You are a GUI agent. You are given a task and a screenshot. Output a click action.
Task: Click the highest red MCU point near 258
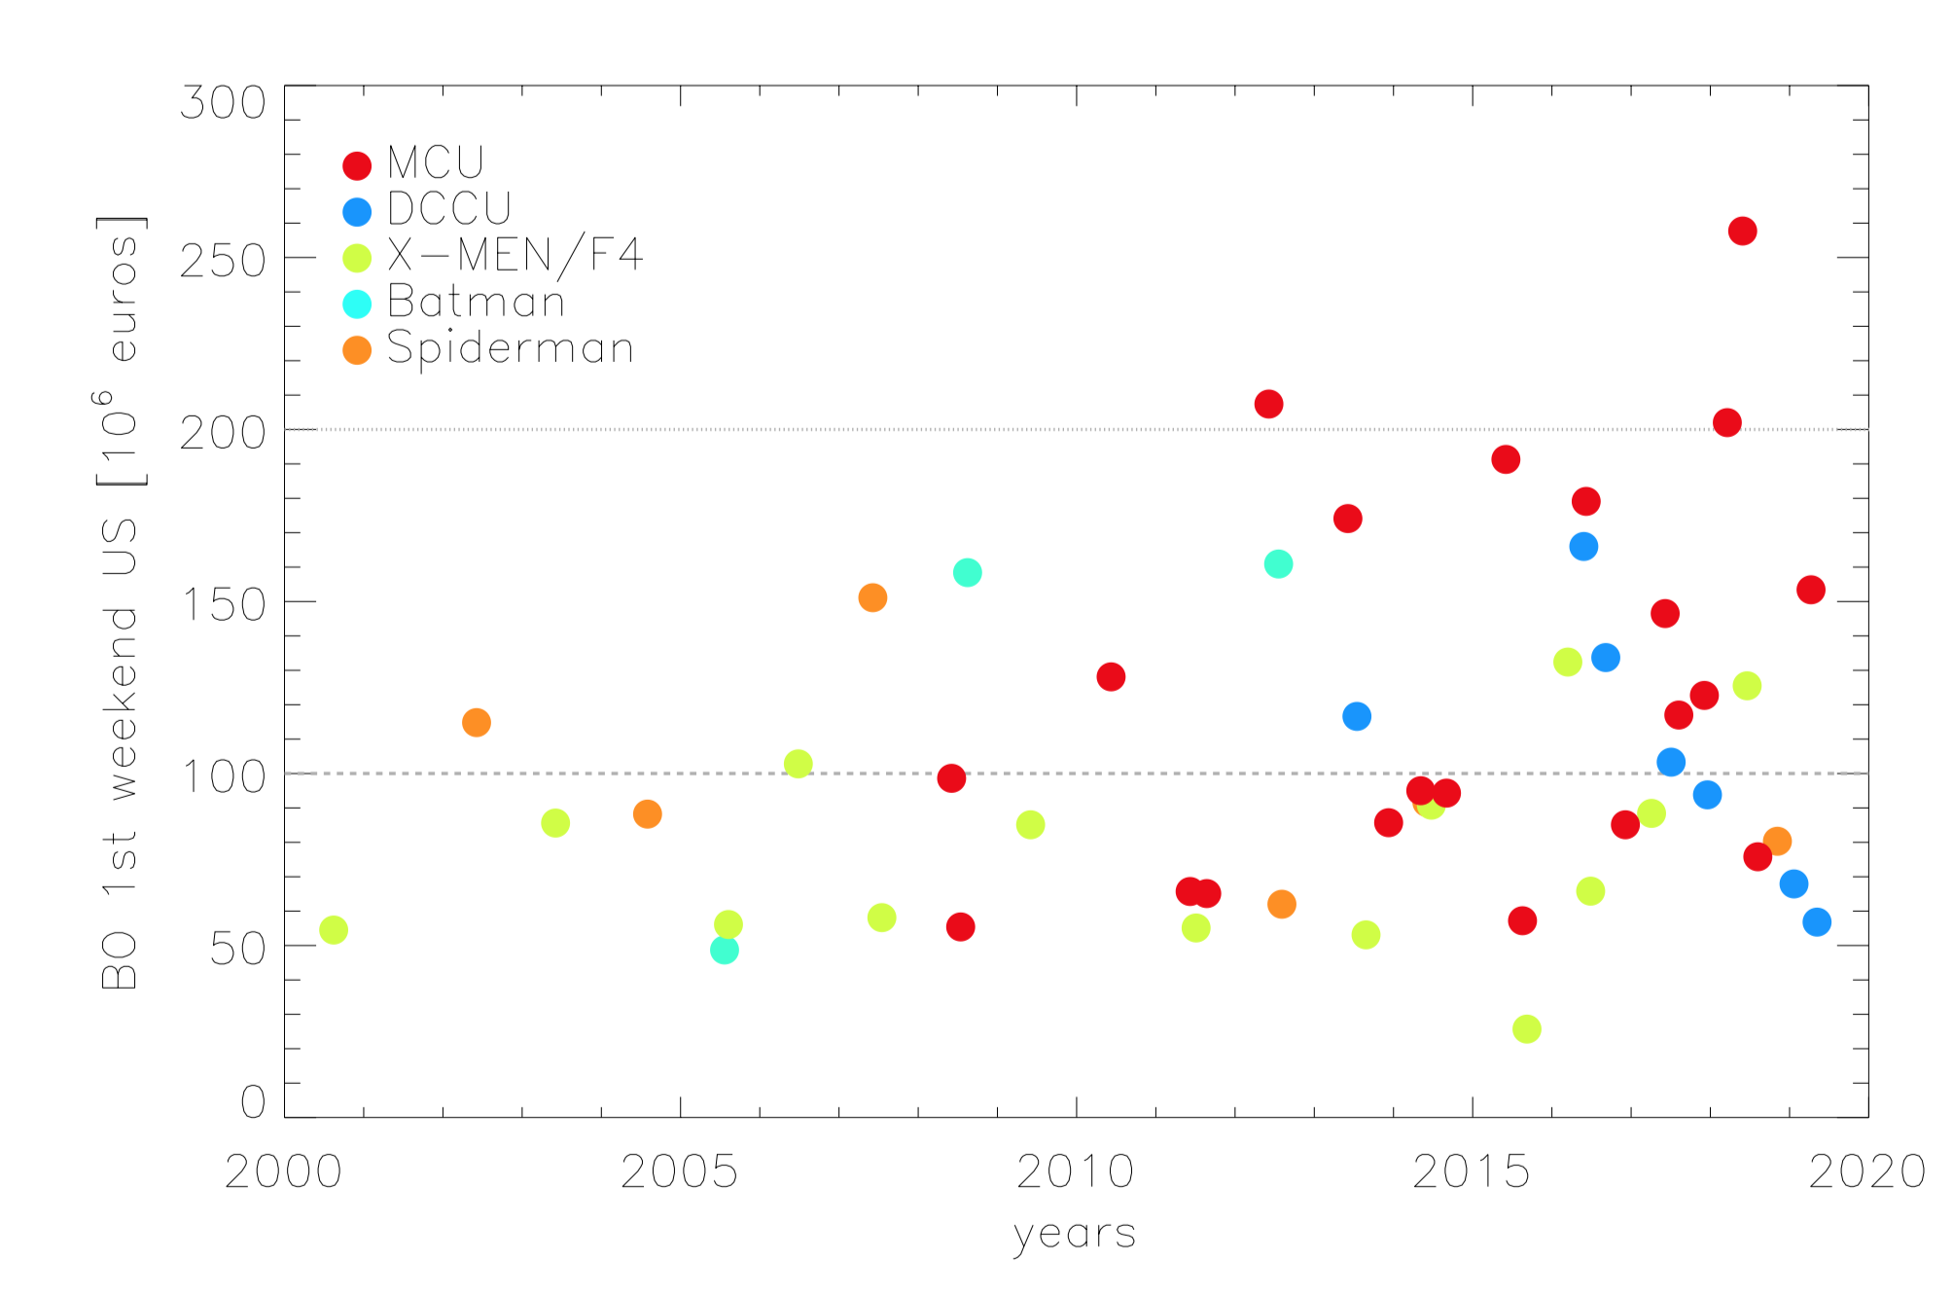coord(1742,232)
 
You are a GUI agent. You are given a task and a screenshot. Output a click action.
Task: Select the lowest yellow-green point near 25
coord(1527,1028)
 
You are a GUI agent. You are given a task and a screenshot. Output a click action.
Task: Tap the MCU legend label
coord(435,162)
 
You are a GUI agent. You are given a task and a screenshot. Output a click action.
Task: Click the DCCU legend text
coord(448,208)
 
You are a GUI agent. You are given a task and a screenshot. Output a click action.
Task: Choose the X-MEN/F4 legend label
coord(515,255)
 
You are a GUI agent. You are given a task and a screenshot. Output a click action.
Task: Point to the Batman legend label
coord(476,302)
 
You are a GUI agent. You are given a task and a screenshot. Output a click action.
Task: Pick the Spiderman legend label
coord(510,348)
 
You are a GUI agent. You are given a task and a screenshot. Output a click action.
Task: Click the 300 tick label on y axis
coord(223,102)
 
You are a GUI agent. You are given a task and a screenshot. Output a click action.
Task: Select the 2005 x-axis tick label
coord(679,1172)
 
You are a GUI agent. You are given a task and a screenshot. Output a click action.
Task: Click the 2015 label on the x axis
coord(1471,1172)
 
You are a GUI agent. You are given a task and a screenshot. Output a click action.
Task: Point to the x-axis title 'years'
coord(1074,1235)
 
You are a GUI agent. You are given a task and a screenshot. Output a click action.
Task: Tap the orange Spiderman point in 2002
coord(476,723)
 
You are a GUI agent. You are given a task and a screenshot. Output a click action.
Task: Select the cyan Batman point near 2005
coord(724,950)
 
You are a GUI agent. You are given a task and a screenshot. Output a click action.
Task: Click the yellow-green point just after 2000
coord(334,930)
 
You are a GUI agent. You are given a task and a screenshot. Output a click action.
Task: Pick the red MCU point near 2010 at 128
coord(1111,677)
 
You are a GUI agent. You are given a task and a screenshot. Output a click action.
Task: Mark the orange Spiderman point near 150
coord(872,597)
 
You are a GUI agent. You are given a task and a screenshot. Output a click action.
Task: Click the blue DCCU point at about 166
coord(1583,547)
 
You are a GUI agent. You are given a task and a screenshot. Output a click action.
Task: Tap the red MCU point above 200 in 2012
coord(1268,404)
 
